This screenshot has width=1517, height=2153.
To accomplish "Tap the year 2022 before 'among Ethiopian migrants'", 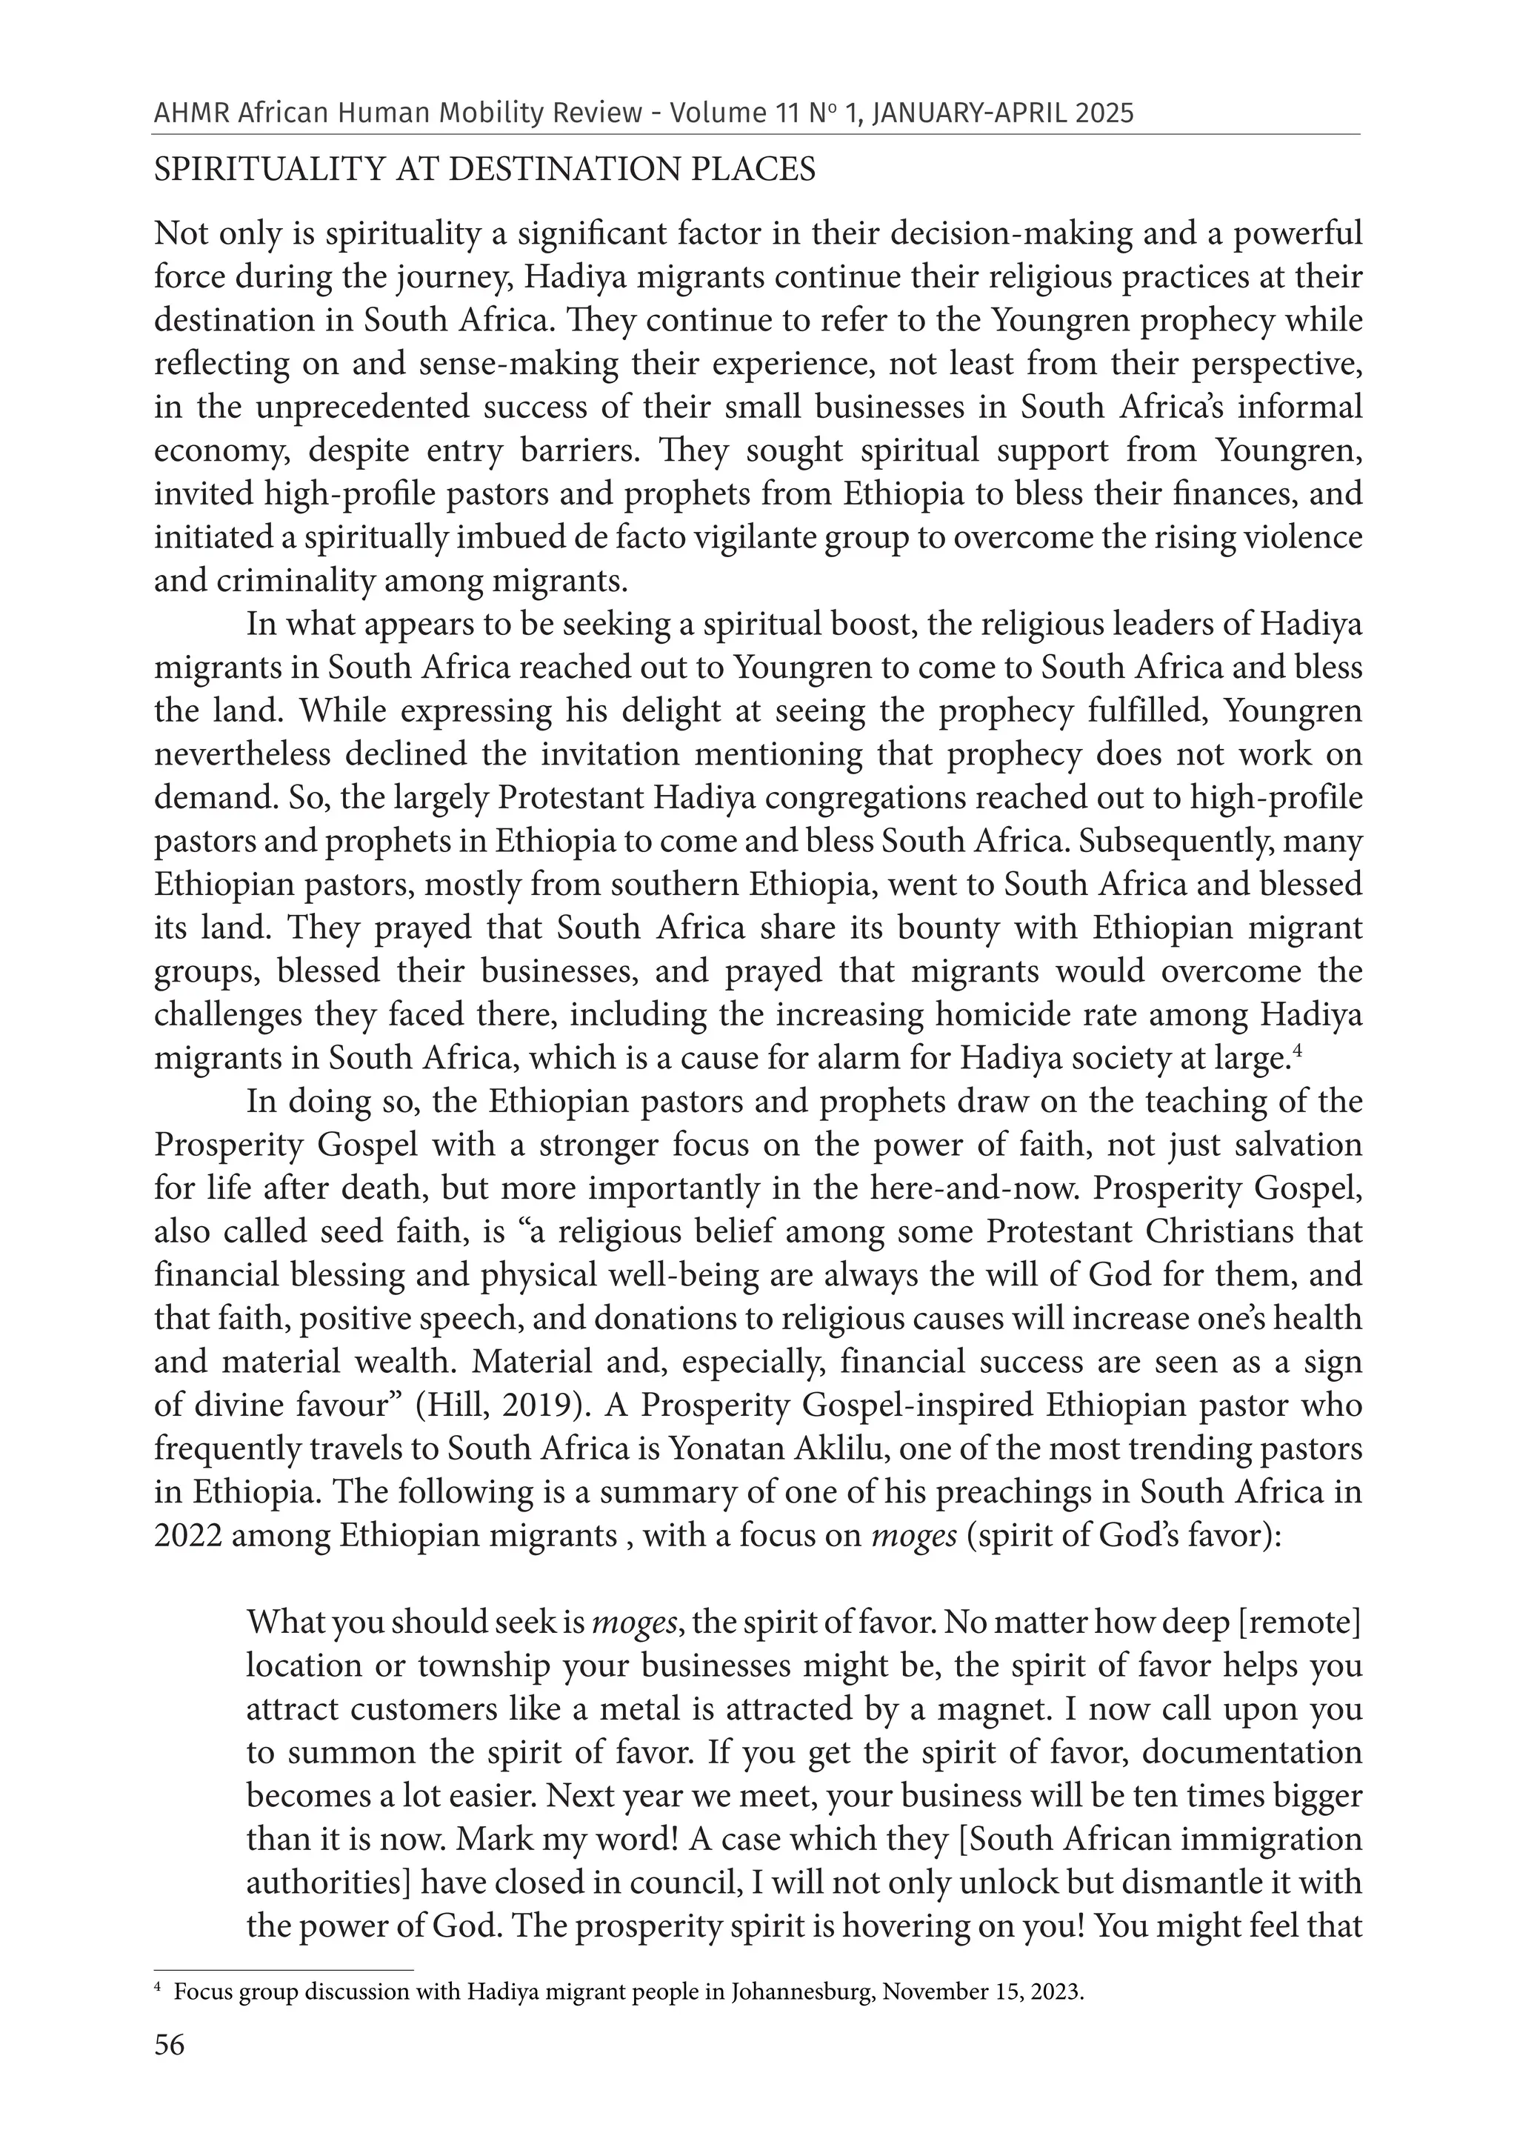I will click(x=187, y=1536).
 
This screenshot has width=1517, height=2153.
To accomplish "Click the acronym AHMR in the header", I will click(x=190, y=113).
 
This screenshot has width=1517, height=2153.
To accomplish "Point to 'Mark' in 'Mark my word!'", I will click(x=493, y=1839).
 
